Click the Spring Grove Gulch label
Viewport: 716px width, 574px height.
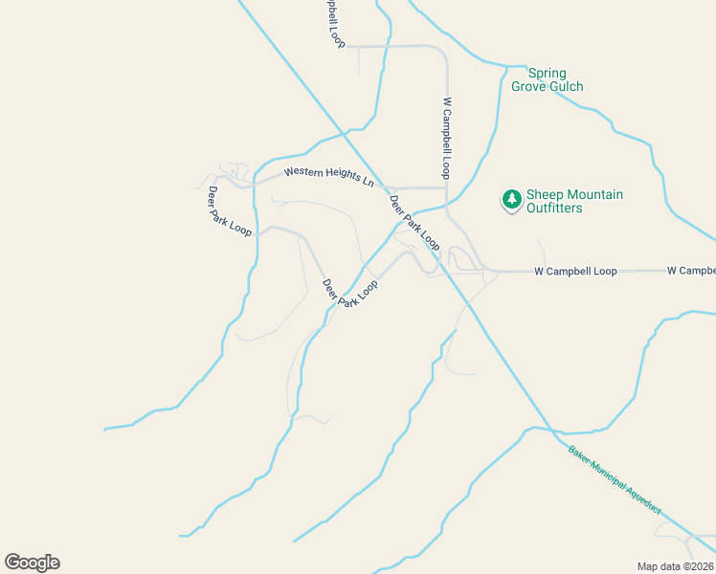click(x=547, y=80)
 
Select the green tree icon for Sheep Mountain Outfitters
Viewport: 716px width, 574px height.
click(x=512, y=200)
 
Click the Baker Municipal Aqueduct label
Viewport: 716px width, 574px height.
click(x=614, y=481)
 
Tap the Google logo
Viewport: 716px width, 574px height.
click(x=33, y=563)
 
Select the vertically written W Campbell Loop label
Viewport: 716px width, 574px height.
click(x=446, y=137)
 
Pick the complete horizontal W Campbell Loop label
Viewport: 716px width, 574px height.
click(x=575, y=272)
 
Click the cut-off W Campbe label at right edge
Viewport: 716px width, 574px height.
click(x=691, y=272)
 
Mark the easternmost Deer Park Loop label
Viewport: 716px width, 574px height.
click(x=414, y=224)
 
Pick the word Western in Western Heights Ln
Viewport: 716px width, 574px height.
click(x=305, y=173)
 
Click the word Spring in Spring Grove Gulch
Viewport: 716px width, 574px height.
click(x=547, y=74)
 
